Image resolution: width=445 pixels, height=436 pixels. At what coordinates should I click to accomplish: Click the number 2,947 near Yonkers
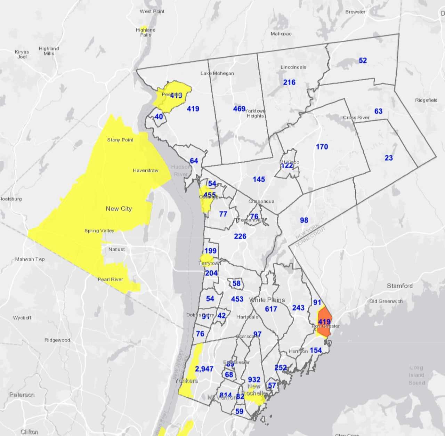click(x=204, y=369)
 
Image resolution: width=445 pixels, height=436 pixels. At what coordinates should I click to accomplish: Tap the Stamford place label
click(x=400, y=286)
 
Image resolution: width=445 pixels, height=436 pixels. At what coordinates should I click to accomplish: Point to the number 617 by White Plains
click(x=271, y=309)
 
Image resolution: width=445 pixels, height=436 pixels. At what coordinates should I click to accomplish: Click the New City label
click(x=119, y=209)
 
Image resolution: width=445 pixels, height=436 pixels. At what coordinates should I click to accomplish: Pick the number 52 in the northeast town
click(x=363, y=60)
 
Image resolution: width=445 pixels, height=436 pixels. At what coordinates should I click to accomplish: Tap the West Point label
click(x=152, y=11)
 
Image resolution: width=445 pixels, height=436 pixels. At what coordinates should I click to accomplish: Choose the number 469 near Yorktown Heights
click(x=239, y=109)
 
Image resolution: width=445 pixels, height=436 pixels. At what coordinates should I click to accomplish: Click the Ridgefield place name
click(x=426, y=100)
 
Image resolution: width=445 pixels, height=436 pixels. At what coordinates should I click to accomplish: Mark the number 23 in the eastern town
click(x=389, y=158)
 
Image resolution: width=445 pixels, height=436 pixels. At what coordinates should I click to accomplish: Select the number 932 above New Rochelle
click(x=254, y=380)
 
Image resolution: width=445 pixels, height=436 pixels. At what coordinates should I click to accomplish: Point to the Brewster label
click(x=355, y=12)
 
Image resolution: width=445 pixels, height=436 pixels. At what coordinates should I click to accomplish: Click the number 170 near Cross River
click(x=322, y=147)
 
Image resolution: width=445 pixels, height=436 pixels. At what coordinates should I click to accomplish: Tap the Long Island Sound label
click(x=416, y=375)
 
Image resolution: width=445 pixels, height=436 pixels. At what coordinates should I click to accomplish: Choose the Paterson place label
click(x=22, y=395)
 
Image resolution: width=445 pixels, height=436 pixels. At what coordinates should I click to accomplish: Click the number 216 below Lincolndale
click(x=289, y=82)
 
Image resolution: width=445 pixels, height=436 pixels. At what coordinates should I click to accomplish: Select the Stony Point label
click(x=120, y=140)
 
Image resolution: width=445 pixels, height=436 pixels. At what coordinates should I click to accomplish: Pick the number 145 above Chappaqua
click(x=259, y=179)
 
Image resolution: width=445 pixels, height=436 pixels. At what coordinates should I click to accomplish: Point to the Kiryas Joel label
click(x=22, y=54)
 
